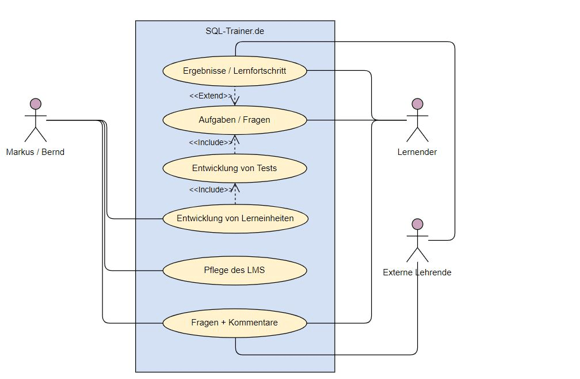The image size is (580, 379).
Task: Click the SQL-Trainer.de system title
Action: click(x=235, y=31)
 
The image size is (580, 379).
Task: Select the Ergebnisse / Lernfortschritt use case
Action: click(x=235, y=71)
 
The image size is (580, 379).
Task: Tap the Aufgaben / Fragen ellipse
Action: click(x=235, y=120)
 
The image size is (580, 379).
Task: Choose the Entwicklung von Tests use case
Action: click(x=235, y=168)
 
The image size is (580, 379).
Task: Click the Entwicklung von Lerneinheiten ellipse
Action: click(x=235, y=218)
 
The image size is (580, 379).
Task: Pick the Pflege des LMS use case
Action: click(x=235, y=270)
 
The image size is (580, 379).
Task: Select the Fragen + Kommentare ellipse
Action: click(x=235, y=323)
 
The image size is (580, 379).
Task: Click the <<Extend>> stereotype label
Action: click(x=211, y=96)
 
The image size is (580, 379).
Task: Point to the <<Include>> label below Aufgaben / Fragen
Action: click(x=211, y=142)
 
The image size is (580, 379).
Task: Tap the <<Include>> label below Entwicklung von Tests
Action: click(x=211, y=189)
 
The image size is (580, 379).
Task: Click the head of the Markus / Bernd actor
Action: click(x=36, y=104)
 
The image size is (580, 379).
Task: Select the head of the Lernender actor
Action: click(x=418, y=104)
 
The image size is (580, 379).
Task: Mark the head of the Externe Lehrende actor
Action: click(x=418, y=224)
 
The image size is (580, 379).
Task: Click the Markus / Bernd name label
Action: click(x=35, y=152)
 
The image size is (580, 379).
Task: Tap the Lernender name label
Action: click(x=417, y=152)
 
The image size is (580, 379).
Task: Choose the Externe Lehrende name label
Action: click(x=417, y=272)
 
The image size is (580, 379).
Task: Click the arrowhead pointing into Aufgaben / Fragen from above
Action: click(x=235, y=102)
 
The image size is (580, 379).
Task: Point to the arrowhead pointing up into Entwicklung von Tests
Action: click(x=235, y=187)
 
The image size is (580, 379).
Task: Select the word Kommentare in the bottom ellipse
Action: click(x=253, y=323)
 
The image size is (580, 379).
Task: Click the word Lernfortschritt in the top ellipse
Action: click(x=260, y=71)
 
